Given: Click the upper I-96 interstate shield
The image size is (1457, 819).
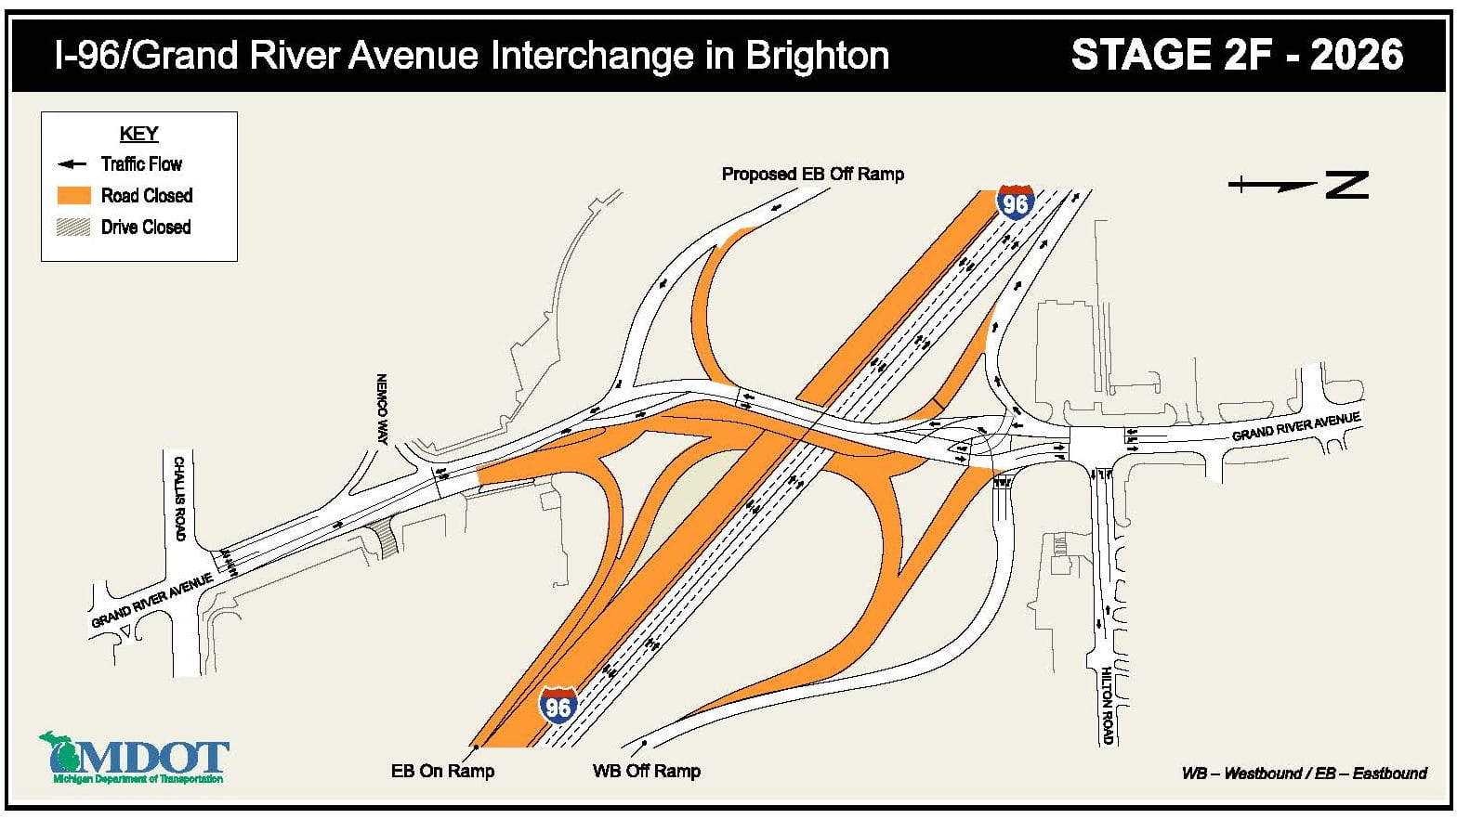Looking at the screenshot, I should coord(1015,201).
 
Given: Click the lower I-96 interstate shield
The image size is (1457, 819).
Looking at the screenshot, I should coord(558,706).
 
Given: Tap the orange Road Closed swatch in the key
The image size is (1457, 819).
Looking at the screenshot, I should coord(73,195).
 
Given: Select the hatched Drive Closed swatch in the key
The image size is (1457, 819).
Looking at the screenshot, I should coord(73,227).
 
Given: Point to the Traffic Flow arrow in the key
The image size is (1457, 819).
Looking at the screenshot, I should coord(72,164).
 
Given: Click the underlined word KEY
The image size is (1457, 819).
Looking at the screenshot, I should coord(139,134).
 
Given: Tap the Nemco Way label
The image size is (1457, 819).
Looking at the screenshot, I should coord(381,409).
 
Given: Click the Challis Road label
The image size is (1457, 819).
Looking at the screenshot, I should coord(179,498).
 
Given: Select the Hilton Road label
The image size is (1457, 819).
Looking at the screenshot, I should coord(1106,705).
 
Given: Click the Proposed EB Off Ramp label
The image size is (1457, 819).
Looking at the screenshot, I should coord(812,174).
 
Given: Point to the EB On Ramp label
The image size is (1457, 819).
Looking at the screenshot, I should coord(442,771).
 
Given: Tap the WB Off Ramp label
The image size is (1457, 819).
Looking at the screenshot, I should coord(646,771).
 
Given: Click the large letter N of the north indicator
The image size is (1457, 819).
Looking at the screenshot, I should coord(1346,185).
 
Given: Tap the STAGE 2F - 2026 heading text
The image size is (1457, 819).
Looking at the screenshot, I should coord(1237,55).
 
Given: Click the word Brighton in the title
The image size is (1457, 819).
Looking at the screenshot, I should coord(818,56).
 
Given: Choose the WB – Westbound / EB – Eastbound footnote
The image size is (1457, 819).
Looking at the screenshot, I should coord(1304,773).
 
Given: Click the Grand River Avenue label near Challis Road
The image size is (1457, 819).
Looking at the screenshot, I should coord(151,601).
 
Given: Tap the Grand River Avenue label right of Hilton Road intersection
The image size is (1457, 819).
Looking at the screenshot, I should coord(1295,426).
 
